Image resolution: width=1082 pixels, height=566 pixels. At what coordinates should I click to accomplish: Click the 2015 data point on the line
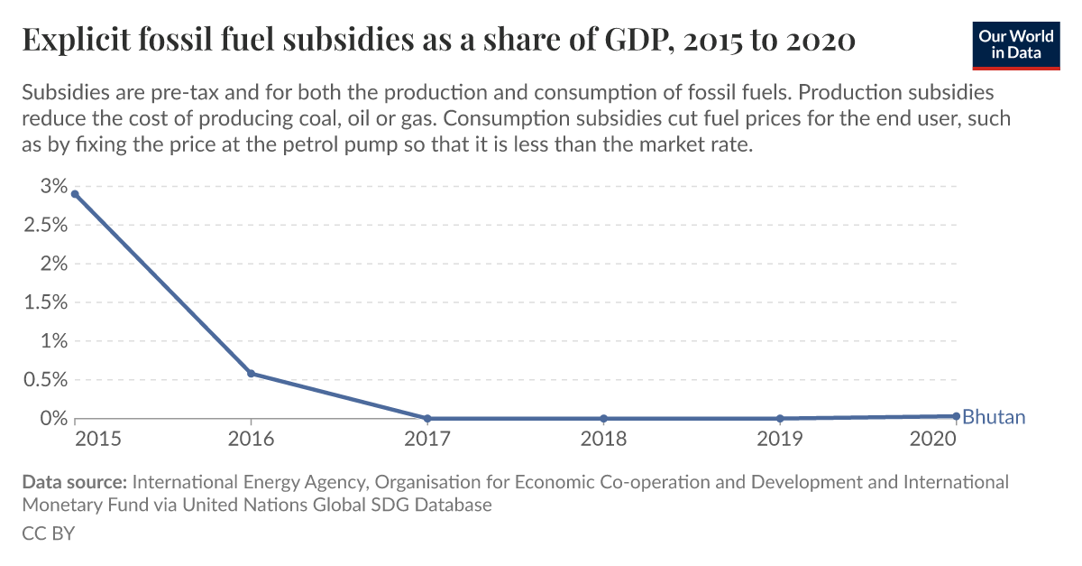(x=75, y=194)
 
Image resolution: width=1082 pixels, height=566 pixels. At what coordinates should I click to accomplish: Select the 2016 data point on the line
(x=251, y=374)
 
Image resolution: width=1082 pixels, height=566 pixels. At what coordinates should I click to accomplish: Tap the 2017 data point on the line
(x=427, y=418)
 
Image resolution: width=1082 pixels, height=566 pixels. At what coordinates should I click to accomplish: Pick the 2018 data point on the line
(x=603, y=418)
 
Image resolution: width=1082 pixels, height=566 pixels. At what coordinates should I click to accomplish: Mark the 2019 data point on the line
(x=779, y=418)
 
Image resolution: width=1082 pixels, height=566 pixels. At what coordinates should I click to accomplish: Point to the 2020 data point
(x=956, y=416)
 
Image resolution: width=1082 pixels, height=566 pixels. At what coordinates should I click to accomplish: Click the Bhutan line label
(x=994, y=417)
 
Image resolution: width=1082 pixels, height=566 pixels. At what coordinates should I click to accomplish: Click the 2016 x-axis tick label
(x=251, y=439)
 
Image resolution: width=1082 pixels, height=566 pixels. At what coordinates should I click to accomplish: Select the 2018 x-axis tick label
(x=603, y=439)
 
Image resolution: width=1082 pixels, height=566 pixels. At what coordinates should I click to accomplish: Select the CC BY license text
(x=48, y=534)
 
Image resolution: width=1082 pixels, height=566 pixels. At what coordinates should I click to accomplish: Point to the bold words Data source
(x=76, y=482)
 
